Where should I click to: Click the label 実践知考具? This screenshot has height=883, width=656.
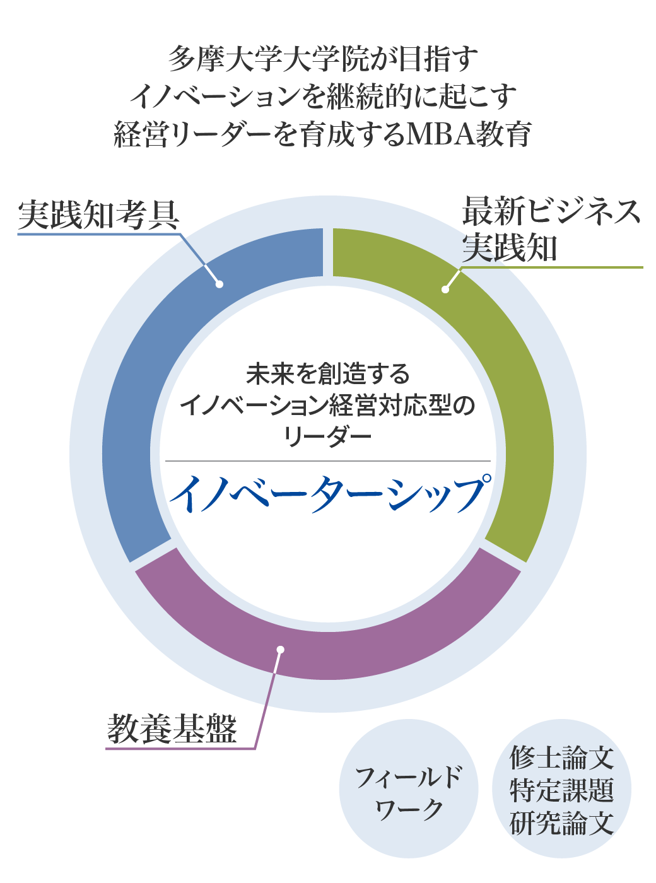click(99, 215)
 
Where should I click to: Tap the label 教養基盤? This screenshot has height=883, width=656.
click(172, 729)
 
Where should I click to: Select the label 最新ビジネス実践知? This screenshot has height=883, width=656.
click(551, 229)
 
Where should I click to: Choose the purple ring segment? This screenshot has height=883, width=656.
click(328, 643)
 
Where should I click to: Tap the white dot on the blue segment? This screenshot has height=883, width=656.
click(219, 284)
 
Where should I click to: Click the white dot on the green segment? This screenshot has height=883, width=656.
click(445, 289)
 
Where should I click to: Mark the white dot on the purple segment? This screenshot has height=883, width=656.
click(281, 650)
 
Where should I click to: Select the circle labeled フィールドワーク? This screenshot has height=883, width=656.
click(409, 788)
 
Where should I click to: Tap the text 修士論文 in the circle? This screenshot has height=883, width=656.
click(561, 757)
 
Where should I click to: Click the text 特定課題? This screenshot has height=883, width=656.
click(561, 790)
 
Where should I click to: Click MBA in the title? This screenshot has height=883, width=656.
click(440, 134)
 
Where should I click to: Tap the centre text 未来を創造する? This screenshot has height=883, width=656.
click(328, 375)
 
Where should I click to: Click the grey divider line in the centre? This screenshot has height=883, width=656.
click(328, 461)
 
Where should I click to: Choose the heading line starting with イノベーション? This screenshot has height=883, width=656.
click(323, 96)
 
